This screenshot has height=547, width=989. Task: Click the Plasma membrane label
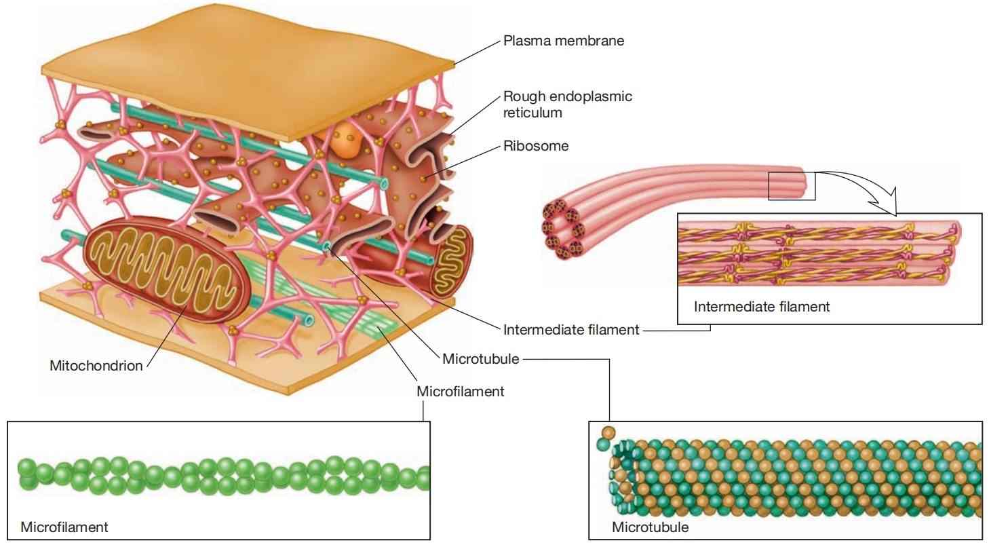[564, 41]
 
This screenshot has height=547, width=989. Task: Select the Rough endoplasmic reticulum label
[567, 105]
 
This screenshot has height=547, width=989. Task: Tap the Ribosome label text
[536, 146]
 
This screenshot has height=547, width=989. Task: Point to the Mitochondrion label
[96, 365]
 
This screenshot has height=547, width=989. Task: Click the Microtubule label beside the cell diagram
[480, 359]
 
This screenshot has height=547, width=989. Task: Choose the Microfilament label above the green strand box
[460, 392]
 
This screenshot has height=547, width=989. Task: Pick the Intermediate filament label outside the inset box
[571, 330]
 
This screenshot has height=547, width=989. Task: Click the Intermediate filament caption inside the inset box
[762, 307]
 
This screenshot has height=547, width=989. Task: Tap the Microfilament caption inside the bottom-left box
[64, 527]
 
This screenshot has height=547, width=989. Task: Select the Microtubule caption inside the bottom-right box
[650, 527]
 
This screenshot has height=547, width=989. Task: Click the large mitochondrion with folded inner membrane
[167, 268]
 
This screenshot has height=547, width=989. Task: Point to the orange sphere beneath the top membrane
[347, 140]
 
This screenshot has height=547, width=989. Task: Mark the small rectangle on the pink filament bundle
[792, 186]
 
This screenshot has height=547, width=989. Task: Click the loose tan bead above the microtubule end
[608, 432]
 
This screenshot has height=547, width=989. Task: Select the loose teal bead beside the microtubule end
[603, 444]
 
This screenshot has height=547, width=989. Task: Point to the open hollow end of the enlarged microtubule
[623, 478]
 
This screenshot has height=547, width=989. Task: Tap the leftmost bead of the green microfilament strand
[27, 468]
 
